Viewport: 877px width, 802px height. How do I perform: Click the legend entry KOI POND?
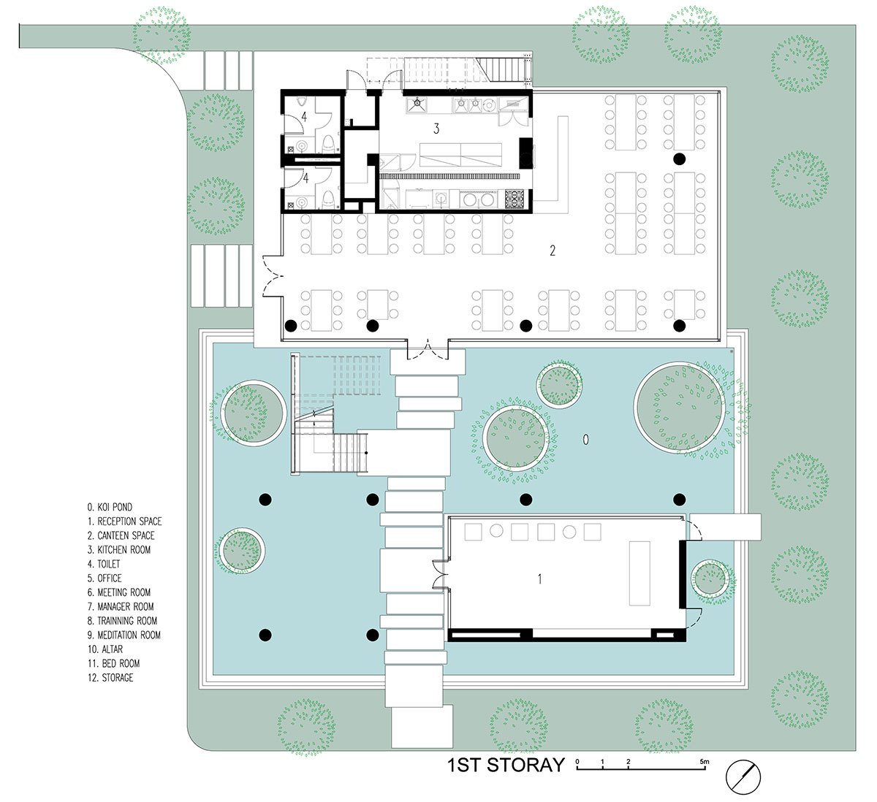coord(110,507)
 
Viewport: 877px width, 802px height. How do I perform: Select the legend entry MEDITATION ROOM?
coord(124,635)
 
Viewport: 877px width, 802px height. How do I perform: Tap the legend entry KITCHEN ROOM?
coord(119,549)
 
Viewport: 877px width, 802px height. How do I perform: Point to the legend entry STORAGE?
coord(110,677)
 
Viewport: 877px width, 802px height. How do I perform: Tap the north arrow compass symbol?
coord(743,777)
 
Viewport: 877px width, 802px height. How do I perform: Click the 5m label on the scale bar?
coord(704,761)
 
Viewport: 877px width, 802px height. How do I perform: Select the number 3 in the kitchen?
coord(436,129)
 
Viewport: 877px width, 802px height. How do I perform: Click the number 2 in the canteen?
coord(553,251)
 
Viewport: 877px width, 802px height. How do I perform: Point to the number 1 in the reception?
coord(540,579)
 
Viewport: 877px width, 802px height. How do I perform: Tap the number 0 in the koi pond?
coord(586,439)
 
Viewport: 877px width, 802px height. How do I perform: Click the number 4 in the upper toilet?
coord(304,117)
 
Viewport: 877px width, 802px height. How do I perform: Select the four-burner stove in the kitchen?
coord(515,199)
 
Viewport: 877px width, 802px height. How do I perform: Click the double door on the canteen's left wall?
coord(272,276)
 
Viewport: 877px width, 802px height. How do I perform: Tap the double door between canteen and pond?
coord(428,351)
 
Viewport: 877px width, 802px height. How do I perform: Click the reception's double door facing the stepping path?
coord(441,574)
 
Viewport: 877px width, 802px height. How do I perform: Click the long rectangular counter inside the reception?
coord(639,573)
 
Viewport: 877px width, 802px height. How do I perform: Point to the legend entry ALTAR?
coord(105,649)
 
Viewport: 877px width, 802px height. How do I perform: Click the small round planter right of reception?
coord(710,578)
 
